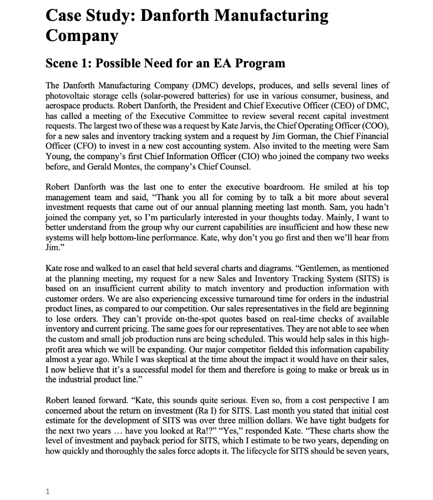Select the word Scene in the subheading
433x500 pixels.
tap(63, 63)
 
